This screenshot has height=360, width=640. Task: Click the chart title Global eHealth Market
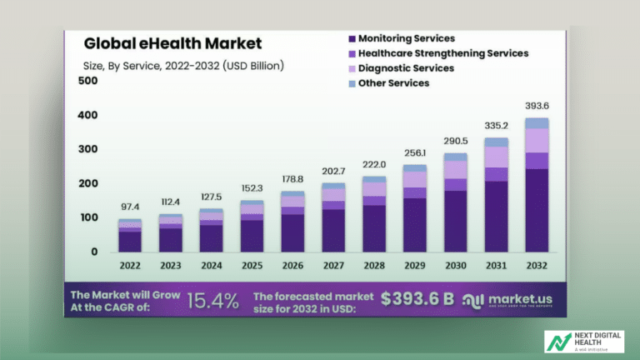click(172, 43)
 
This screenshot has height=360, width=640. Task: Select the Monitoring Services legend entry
click(401, 38)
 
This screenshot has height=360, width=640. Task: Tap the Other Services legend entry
click(389, 83)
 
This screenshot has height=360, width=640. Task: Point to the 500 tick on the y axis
click(87, 81)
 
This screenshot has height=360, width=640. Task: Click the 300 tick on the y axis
click(87, 149)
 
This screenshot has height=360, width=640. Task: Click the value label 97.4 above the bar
click(129, 207)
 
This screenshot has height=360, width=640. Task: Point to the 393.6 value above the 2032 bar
click(537, 105)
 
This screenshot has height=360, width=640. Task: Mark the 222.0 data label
click(374, 165)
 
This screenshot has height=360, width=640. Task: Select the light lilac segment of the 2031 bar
click(497, 157)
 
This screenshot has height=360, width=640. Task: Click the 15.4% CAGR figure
click(212, 301)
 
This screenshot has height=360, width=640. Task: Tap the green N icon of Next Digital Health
click(559, 341)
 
